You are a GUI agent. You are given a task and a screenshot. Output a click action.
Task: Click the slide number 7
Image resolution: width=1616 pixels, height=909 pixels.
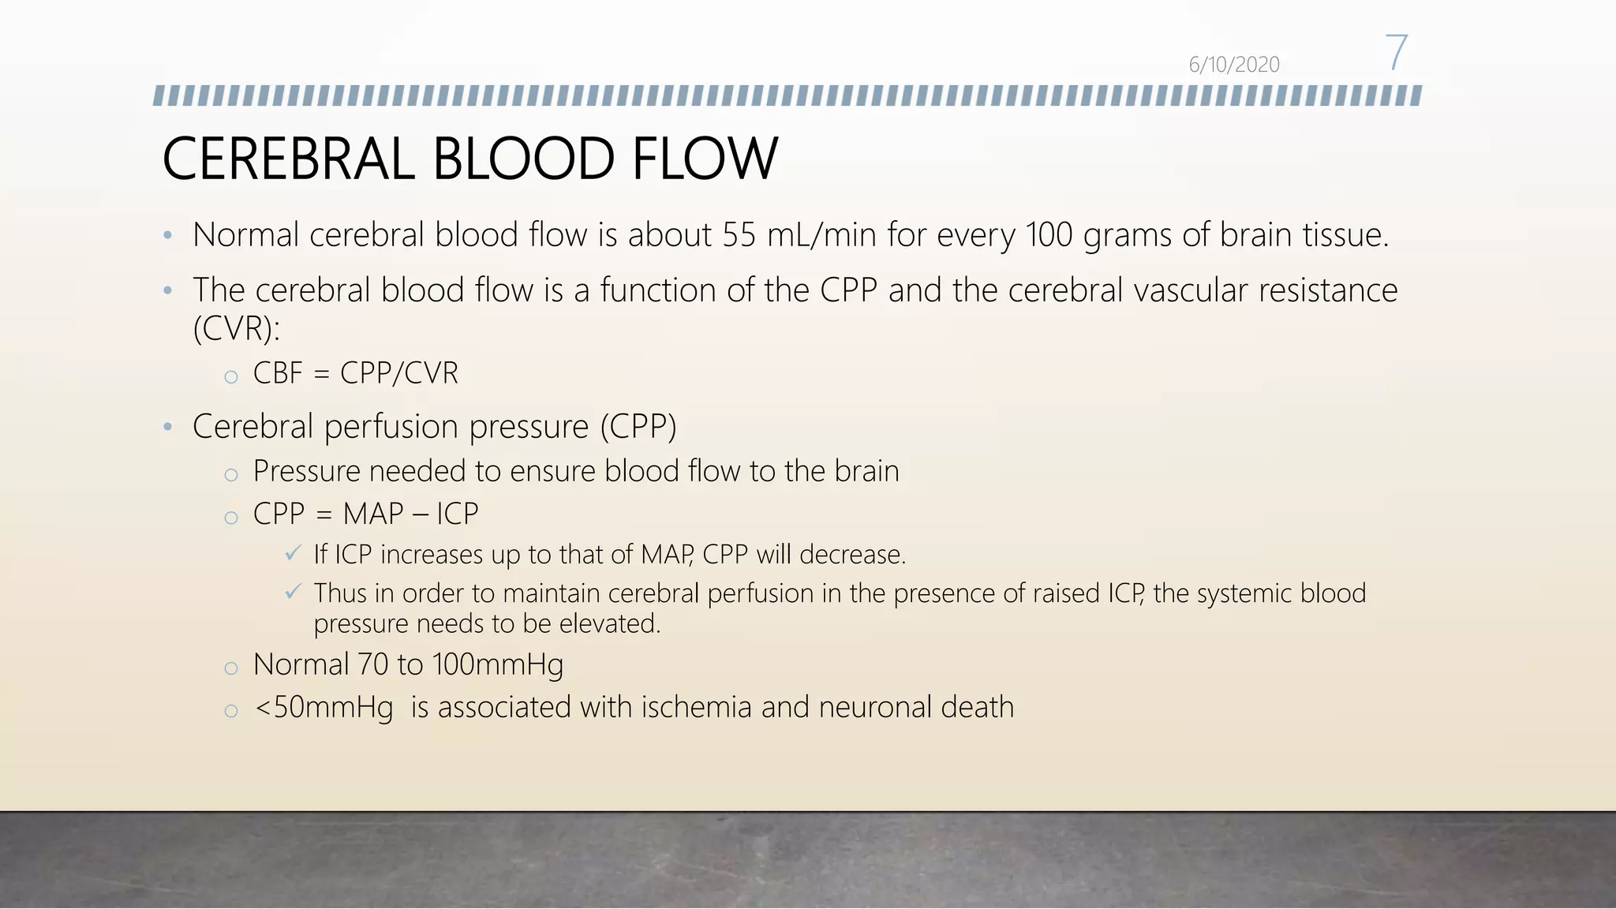click(x=1396, y=53)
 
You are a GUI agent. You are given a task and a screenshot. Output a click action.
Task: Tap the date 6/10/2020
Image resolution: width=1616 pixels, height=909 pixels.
click(x=1233, y=65)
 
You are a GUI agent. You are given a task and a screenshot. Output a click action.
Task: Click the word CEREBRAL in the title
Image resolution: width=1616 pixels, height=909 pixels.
click(x=288, y=159)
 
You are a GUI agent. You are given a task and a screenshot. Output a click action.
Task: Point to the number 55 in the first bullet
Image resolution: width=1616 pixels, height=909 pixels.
click(x=739, y=235)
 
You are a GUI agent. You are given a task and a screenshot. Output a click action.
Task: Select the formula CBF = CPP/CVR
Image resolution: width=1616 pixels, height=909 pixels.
click(x=355, y=373)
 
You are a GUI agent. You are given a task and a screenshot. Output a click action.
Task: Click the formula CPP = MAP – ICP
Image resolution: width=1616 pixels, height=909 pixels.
click(x=365, y=514)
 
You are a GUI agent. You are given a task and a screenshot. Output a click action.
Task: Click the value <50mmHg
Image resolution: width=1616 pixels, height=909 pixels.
click(x=324, y=707)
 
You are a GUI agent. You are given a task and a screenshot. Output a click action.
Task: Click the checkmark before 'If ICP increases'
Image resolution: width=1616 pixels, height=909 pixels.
click(x=293, y=553)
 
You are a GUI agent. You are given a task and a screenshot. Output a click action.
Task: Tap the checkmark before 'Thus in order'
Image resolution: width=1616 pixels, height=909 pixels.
click(x=293, y=591)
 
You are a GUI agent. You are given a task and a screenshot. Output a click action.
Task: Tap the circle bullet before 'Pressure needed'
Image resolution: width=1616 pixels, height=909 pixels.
click(x=230, y=474)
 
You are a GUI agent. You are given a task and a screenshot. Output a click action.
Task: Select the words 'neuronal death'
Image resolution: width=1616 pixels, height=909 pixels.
click(x=916, y=707)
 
